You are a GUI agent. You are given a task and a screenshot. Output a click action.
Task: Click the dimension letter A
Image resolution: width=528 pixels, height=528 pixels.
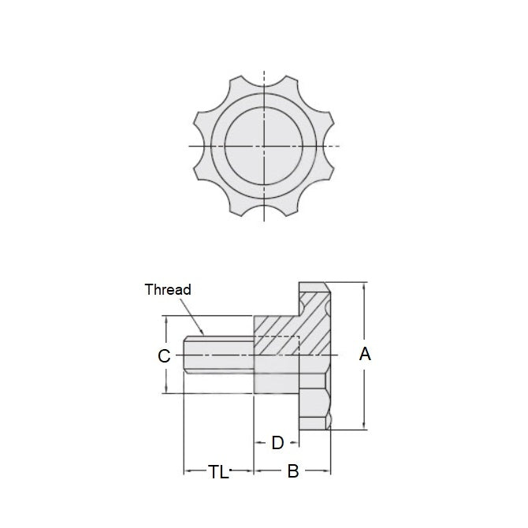tap(365, 355)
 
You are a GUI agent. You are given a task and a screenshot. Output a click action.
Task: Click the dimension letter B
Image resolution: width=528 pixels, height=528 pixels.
tap(292, 472)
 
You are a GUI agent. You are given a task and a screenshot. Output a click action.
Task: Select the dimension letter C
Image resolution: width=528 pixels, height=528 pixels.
tap(164, 356)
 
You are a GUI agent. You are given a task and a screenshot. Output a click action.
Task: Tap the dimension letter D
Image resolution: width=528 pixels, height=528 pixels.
tap(277, 443)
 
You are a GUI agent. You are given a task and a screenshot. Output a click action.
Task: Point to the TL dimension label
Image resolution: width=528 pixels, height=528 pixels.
tap(218, 472)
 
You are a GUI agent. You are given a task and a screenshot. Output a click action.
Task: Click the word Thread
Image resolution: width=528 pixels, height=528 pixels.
tap(168, 289)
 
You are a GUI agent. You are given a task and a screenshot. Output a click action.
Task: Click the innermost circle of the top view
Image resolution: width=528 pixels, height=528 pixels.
tap(265, 147)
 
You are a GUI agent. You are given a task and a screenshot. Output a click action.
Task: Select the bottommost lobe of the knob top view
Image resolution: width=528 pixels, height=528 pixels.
tap(265, 212)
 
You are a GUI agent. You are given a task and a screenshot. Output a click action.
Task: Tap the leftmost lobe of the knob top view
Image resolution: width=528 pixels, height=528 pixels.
tap(199, 147)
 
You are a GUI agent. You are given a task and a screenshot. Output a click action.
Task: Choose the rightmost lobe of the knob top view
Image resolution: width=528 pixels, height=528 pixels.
tap(330, 147)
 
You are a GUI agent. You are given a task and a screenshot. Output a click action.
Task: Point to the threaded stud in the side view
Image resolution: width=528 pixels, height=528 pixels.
tap(218, 356)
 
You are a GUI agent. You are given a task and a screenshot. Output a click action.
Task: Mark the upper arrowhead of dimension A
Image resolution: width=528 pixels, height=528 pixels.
tap(363, 286)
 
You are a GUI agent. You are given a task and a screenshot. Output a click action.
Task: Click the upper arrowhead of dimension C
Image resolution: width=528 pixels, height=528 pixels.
tap(166, 320)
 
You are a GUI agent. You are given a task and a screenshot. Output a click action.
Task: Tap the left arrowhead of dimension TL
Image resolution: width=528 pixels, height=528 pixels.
tap(188, 472)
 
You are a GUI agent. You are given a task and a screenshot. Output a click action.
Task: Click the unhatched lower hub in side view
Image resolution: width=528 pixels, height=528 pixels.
tap(276, 383)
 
